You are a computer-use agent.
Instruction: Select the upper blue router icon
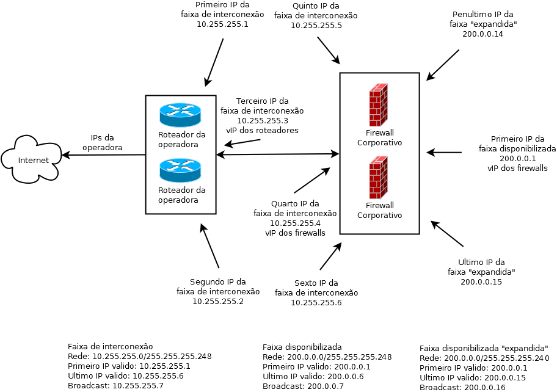[x=180, y=115]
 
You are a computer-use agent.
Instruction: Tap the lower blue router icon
[x=180, y=170]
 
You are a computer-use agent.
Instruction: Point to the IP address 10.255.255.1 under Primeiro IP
[x=222, y=24]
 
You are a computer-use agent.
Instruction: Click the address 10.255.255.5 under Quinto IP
[x=316, y=26]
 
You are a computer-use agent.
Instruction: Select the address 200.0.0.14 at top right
[x=482, y=34]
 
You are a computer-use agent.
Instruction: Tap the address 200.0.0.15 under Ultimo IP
[x=481, y=281]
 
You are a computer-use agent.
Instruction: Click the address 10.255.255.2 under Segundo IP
[x=218, y=301]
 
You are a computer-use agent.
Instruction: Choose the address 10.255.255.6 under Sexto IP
[x=316, y=303]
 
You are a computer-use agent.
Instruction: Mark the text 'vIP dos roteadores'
[x=262, y=130]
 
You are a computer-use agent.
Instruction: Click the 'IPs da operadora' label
[x=103, y=143]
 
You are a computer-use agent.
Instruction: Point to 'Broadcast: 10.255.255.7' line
[x=116, y=386]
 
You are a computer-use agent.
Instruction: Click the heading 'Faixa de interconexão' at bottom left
[x=110, y=346]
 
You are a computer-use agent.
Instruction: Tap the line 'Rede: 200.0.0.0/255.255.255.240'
[x=484, y=358]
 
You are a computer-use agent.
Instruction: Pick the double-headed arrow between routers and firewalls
[x=277, y=154]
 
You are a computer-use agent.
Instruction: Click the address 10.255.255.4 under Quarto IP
[x=295, y=223]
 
